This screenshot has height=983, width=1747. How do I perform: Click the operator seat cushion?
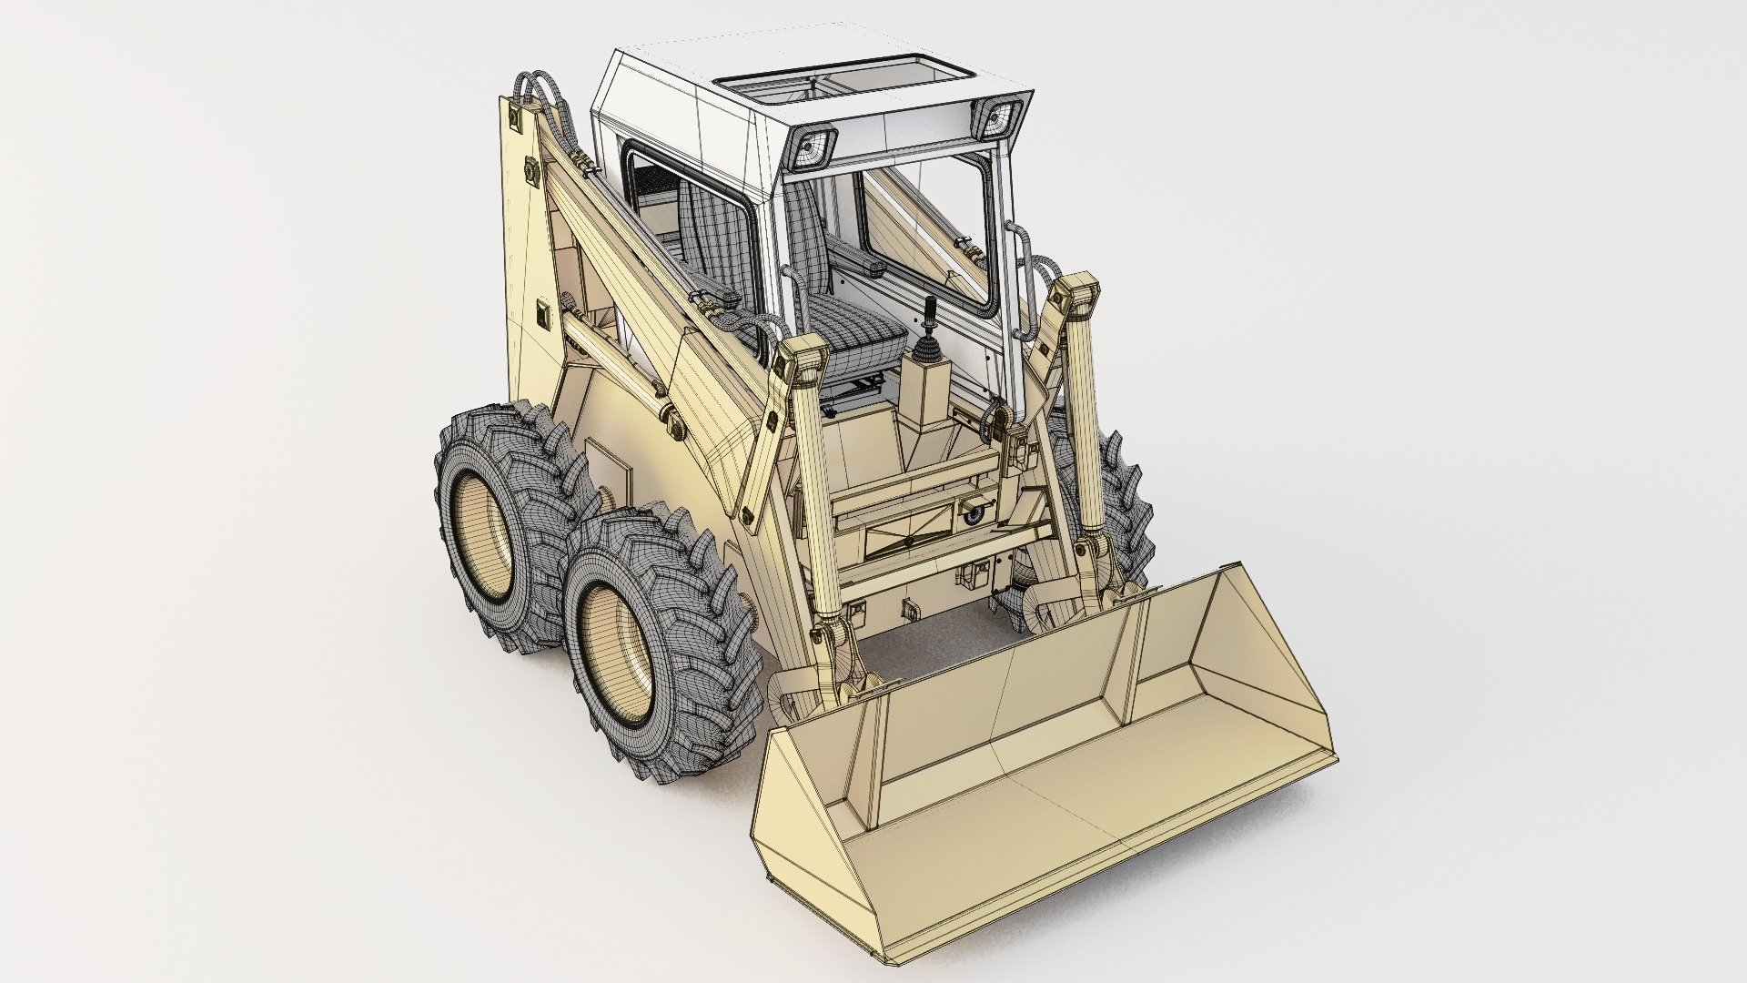pos(859,331)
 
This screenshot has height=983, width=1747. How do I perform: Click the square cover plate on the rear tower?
pos(546,316)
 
